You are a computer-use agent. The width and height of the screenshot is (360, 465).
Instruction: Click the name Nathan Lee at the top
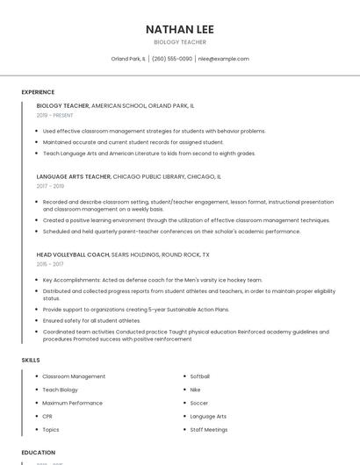click(x=180, y=29)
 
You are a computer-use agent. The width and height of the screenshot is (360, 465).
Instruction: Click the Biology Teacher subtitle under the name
click(x=180, y=42)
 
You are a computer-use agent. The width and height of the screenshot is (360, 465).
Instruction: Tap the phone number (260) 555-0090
click(x=172, y=59)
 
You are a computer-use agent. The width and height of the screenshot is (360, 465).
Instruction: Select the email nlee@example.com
click(x=223, y=59)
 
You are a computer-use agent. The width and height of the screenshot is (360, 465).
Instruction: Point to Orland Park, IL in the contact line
click(x=128, y=59)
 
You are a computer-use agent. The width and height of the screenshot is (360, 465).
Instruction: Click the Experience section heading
click(x=38, y=92)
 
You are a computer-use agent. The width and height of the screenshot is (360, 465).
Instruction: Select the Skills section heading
click(x=31, y=360)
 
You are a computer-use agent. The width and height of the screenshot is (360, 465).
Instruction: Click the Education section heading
click(x=39, y=453)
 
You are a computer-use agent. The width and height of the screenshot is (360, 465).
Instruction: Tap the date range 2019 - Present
click(x=55, y=115)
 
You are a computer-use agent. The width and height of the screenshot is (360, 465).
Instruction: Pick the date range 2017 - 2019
click(x=51, y=186)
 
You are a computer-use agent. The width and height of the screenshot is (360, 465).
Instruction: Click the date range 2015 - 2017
click(x=50, y=263)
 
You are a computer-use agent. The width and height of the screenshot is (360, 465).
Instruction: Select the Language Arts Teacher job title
click(x=74, y=176)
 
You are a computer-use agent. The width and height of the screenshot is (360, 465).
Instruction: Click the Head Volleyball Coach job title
click(x=73, y=254)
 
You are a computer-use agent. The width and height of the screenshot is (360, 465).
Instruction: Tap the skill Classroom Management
click(x=74, y=376)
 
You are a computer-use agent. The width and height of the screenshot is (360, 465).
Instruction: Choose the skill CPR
click(x=47, y=416)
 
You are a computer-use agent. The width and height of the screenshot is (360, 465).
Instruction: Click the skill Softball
click(x=199, y=376)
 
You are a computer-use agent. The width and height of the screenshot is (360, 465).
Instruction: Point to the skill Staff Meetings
click(x=208, y=430)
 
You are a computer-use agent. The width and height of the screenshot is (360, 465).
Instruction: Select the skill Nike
click(x=195, y=390)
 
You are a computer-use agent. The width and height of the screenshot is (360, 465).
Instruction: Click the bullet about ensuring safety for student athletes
click(x=91, y=321)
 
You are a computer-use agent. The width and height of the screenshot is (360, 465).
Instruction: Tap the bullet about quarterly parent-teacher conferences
click(x=171, y=232)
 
